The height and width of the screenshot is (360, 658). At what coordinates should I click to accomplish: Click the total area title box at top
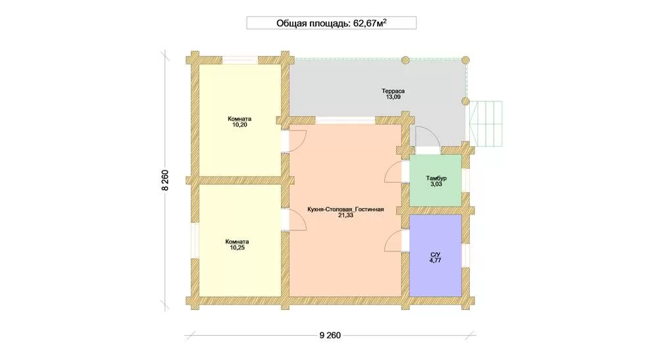[331, 22]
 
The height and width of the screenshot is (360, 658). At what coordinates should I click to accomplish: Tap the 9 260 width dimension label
[330, 335]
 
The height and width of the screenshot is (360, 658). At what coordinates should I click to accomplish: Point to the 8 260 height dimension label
[165, 180]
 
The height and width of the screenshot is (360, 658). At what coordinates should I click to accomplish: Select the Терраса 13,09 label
[393, 93]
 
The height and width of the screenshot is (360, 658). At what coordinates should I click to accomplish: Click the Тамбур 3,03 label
[436, 181]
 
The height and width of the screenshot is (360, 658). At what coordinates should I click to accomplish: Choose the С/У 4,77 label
[435, 257]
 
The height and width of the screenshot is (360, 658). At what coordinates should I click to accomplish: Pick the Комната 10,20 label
[240, 122]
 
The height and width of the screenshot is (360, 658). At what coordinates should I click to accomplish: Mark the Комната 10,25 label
[237, 245]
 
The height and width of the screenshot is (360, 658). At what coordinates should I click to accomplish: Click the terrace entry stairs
[486, 124]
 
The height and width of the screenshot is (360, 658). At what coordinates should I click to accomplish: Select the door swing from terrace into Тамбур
[428, 136]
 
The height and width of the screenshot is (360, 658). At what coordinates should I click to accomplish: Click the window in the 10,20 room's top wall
[240, 60]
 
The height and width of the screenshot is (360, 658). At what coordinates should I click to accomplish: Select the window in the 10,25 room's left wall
[195, 240]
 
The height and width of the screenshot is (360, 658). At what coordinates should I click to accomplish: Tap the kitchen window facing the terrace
[345, 120]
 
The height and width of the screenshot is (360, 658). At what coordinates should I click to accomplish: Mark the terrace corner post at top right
[465, 60]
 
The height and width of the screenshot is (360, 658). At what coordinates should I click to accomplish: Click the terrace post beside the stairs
[465, 101]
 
